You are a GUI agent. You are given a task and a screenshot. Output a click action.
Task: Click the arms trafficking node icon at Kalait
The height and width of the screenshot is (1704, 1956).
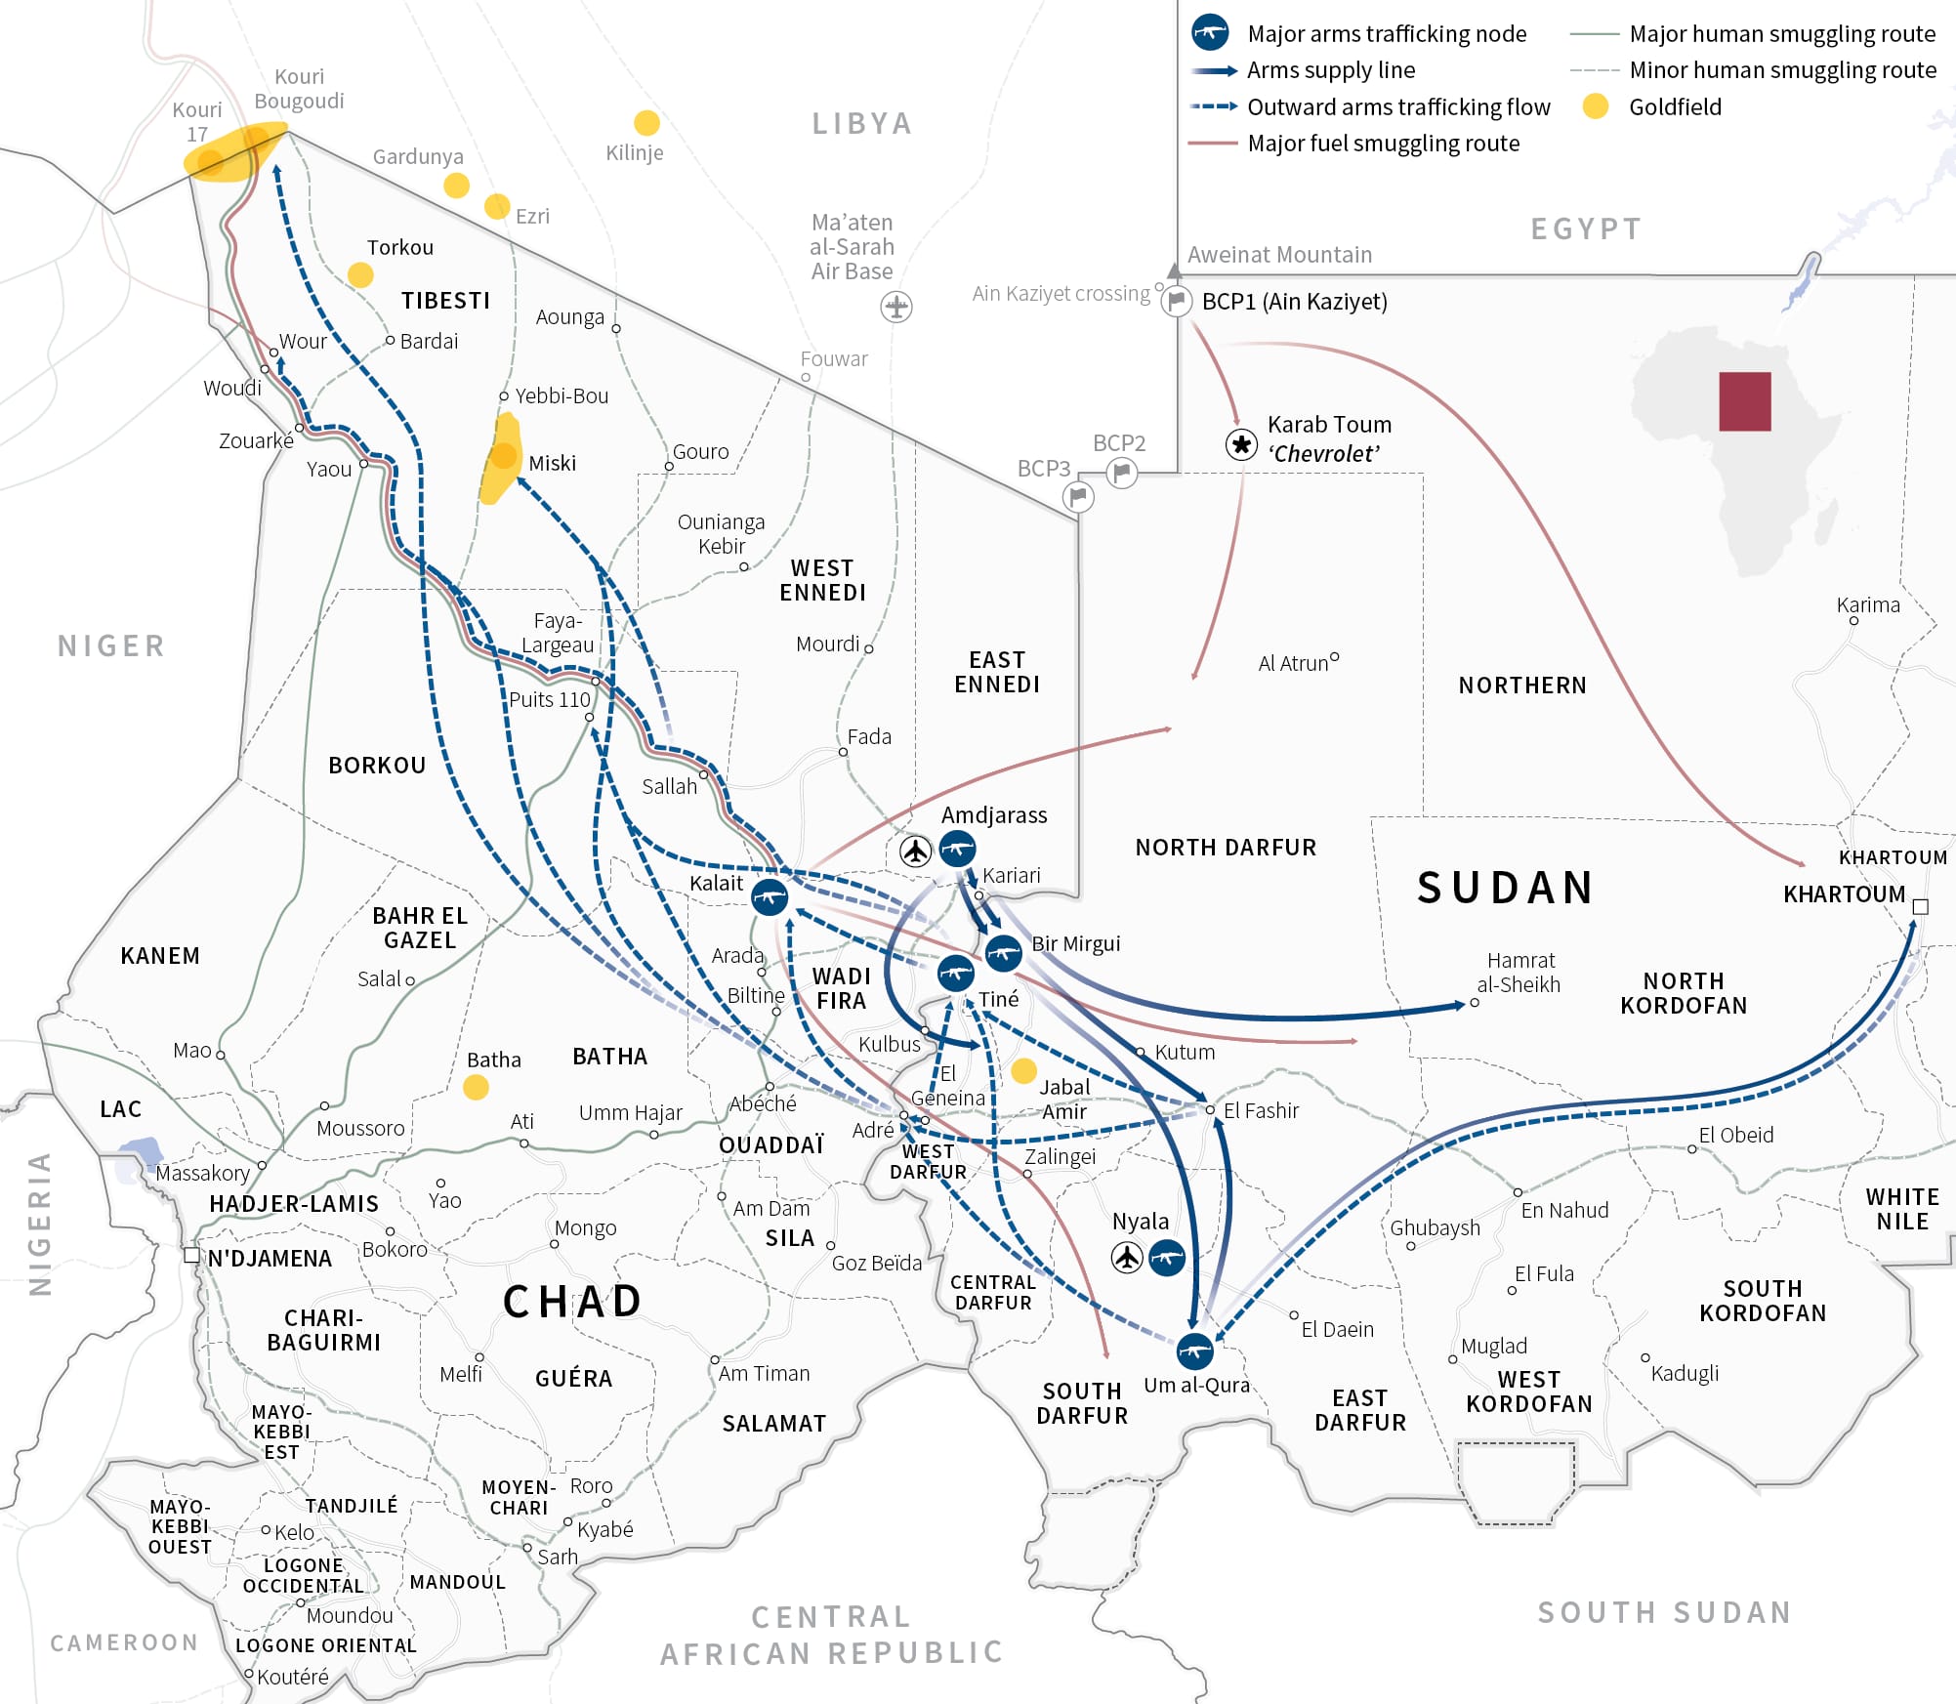point(770,896)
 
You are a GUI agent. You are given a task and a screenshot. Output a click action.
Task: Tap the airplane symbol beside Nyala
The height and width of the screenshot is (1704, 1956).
point(1127,1257)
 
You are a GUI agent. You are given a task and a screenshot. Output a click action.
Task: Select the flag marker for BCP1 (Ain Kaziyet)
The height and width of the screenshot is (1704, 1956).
point(1177,302)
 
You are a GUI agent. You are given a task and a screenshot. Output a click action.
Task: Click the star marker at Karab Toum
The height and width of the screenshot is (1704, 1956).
point(1241,445)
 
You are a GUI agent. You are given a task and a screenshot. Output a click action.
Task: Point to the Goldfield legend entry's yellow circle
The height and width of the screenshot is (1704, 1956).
point(1596,106)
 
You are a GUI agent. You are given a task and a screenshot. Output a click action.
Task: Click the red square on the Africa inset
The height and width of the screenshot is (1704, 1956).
point(1745,401)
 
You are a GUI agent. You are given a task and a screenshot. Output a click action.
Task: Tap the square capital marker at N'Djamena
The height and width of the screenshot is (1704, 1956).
point(192,1255)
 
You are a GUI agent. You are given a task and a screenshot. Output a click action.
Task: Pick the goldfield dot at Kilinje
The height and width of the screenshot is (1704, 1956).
point(646,123)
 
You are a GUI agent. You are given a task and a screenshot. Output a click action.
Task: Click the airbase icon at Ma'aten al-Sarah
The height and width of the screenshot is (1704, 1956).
point(895,307)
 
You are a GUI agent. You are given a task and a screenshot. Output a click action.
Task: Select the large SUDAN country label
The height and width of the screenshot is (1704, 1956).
point(1506,888)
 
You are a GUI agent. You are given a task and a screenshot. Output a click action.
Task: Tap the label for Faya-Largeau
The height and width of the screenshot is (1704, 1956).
point(558,633)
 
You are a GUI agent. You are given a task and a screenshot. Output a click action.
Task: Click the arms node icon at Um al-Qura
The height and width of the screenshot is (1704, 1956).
point(1194,1351)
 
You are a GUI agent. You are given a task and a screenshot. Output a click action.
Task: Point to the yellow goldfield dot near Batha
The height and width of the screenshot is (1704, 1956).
point(476,1087)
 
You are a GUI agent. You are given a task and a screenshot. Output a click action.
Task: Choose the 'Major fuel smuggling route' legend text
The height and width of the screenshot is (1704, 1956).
point(1383,144)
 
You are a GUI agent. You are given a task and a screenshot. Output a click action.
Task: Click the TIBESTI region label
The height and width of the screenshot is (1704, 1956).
point(445,301)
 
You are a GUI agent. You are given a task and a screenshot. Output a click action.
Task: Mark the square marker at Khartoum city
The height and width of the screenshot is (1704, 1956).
point(1920,907)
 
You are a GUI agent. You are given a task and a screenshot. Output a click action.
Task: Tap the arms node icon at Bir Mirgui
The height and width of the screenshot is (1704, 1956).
point(1003,952)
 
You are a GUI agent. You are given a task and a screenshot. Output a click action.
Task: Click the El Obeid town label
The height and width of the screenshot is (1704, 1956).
point(1735,1135)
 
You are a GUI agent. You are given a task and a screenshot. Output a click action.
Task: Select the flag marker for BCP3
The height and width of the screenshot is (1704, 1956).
point(1078,497)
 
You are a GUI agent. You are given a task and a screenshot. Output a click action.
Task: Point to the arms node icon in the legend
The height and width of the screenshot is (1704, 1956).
point(1210,32)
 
